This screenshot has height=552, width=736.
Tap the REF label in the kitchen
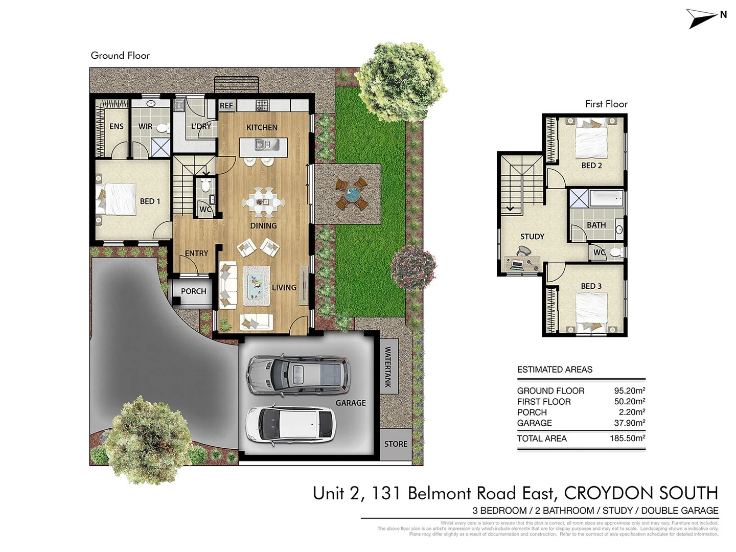click(x=226, y=106)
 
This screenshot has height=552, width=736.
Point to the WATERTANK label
click(x=388, y=367)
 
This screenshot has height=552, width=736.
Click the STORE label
click(x=396, y=444)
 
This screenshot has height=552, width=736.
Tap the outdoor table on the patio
click(x=352, y=194)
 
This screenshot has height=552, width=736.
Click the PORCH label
click(x=193, y=291)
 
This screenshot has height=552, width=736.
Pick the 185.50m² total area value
click(x=627, y=439)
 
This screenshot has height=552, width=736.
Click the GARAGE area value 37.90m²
click(x=629, y=423)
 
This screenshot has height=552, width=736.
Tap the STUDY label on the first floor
click(x=532, y=237)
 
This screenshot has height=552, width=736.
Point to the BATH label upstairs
click(x=596, y=225)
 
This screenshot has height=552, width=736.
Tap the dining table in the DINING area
click(x=263, y=201)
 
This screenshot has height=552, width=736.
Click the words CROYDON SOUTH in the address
click(x=641, y=493)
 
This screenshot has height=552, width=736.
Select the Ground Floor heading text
click(x=120, y=56)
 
